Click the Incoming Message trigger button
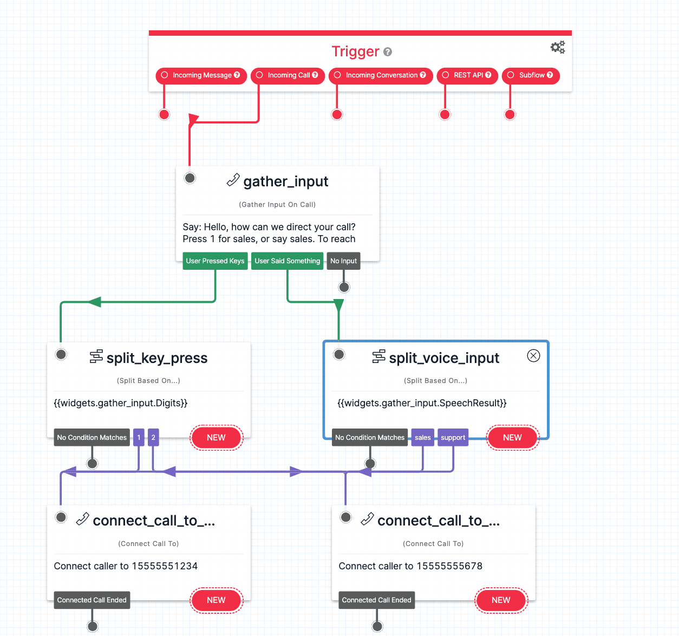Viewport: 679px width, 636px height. click(x=201, y=75)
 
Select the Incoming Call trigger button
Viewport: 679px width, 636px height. click(x=288, y=75)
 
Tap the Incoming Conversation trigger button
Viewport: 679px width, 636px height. click(x=381, y=75)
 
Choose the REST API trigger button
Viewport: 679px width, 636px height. click(x=467, y=75)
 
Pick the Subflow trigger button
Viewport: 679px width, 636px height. click(x=531, y=75)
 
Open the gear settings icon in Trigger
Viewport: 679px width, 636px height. click(x=558, y=48)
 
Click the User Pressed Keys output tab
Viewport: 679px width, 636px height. click(x=215, y=261)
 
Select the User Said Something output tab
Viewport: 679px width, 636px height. click(x=287, y=261)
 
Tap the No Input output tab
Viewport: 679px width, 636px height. click(x=343, y=261)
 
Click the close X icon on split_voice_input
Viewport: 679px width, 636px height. click(x=533, y=356)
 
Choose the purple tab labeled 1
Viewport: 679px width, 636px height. click(x=139, y=438)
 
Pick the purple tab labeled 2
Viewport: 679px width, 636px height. click(x=153, y=438)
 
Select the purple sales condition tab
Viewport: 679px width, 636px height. click(x=422, y=438)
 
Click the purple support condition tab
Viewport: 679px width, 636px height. click(x=453, y=438)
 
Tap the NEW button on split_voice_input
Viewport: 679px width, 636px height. click(x=512, y=438)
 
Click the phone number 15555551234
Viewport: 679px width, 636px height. click(x=165, y=566)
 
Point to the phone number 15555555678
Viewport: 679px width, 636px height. click(x=449, y=566)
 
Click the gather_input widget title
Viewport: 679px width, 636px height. click(x=285, y=181)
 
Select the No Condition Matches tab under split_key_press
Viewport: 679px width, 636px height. click(x=92, y=438)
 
